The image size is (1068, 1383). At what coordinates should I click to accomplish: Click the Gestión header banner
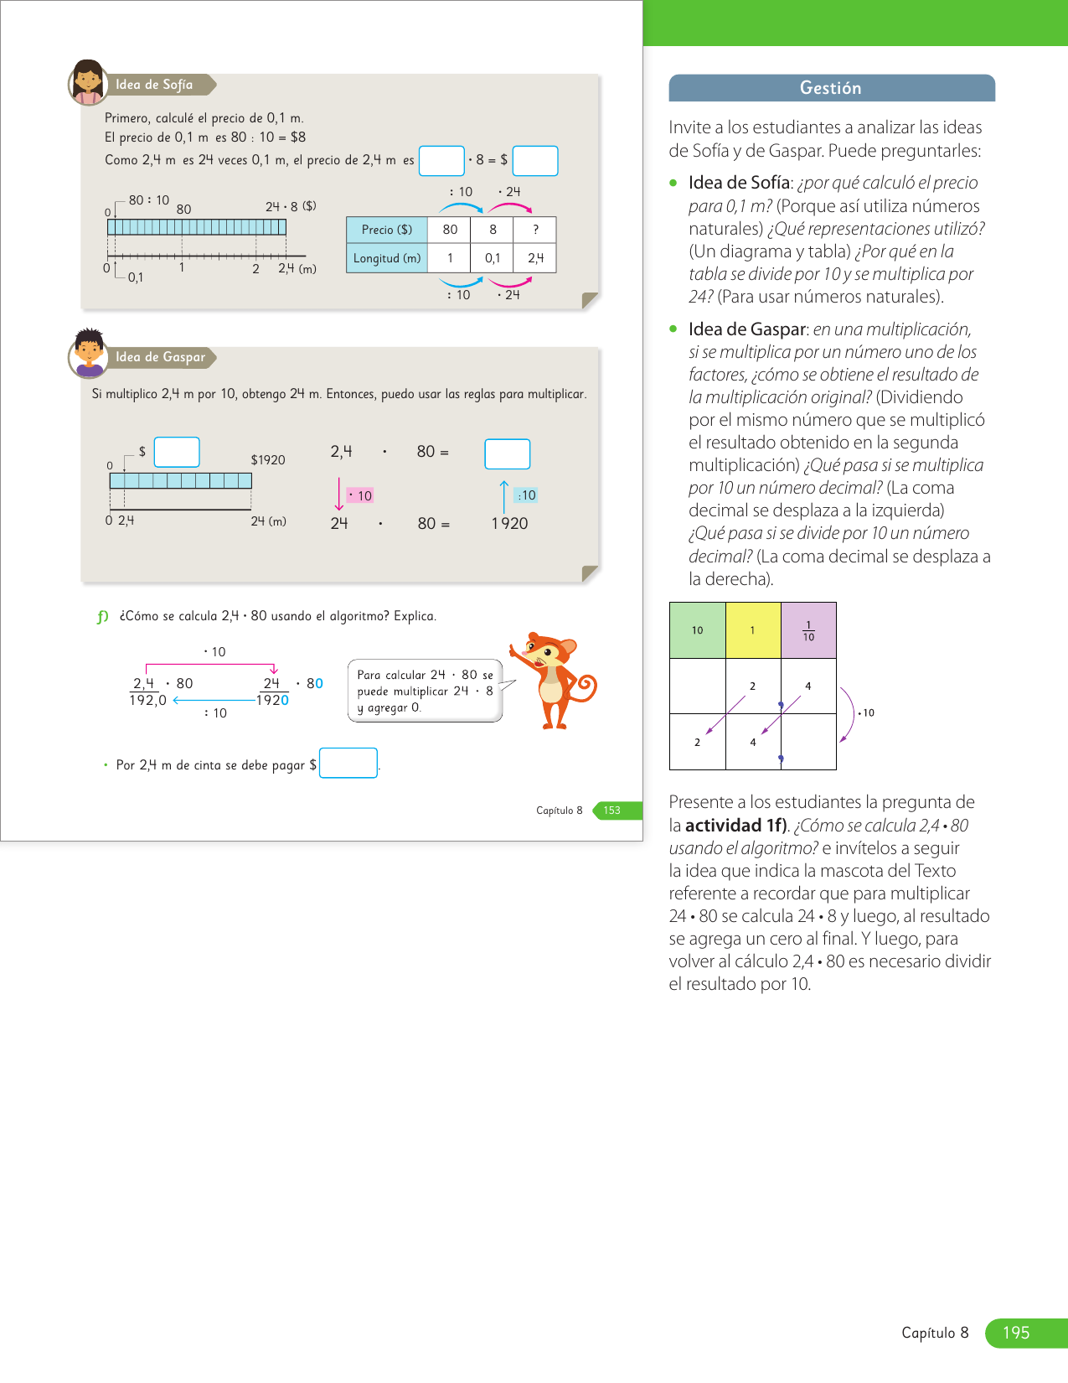point(831,88)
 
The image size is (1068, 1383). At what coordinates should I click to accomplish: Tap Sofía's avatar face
point(87,82)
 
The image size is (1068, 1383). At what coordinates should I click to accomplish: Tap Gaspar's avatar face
point(88,352)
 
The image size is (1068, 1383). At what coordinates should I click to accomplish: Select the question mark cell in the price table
point(535,230)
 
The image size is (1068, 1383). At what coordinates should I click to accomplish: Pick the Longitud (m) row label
point(387,258)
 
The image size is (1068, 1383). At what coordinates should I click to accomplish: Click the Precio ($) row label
point(387,230)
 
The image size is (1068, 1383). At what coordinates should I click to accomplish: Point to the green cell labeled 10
point(698,630)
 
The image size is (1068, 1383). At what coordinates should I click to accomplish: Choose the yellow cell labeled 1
point(753,630)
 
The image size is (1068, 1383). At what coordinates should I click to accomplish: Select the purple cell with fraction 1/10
point(808,630)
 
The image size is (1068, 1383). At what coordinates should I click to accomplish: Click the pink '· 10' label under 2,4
point(360,496)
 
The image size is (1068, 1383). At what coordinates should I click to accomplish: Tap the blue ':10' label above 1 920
point(526,495)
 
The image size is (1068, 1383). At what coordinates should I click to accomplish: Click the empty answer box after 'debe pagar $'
point(348,763)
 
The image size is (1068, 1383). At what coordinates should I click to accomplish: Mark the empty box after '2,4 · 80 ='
point(508,453)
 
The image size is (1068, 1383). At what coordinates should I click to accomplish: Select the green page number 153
point(612,811)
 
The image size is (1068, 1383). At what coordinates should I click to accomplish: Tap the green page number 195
point(1016,1333)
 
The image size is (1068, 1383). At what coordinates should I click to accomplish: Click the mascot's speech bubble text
point(425,691)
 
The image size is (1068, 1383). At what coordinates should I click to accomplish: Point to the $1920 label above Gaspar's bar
point(268,460)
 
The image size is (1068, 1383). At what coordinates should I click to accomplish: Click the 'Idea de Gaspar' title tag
point(160,357)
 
